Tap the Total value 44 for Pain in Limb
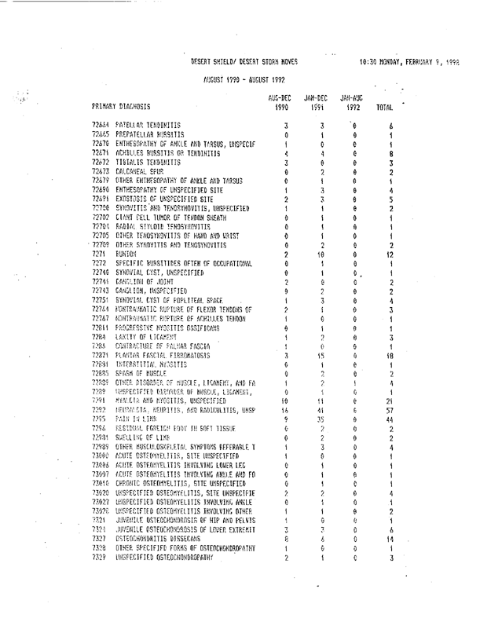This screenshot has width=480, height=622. pyautogui.click(x=390, y=420)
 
